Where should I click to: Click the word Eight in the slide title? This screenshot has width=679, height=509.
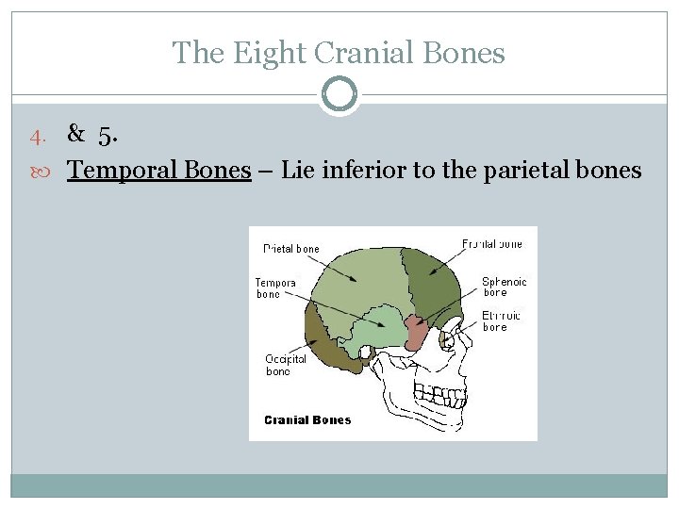click(x=274, y=53)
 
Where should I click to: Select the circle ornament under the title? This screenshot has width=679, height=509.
click(x=339, y=94)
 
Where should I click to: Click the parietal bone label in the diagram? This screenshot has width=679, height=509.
click(x=291, y=249)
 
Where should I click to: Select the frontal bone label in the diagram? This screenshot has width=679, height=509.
click(x=492, y=244)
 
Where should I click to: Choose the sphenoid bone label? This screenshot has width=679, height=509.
click(x=504, y=287)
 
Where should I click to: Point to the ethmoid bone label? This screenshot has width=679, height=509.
click(x=502, y=321)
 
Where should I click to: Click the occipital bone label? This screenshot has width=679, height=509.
click(x=286, y=365)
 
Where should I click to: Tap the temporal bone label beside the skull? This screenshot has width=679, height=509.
click(x=275, y=287)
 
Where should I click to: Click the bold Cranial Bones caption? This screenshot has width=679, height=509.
click(x=307, y=420)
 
